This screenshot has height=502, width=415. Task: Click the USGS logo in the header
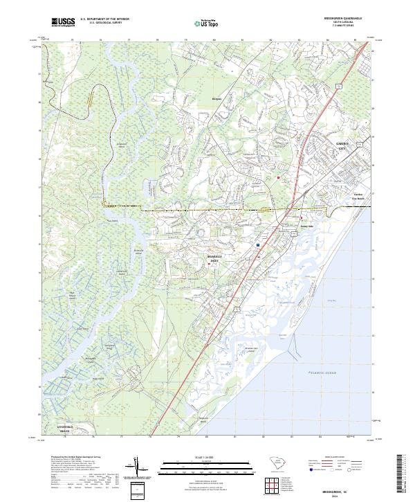pyautogui.click(x=64, y=22)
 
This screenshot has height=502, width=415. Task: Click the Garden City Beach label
pyautogui.click(x=358, y=197)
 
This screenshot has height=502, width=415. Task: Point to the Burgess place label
pyautogui.click(x=216, y=99)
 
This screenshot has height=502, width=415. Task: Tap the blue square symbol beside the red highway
pyautogui.click(x=258, y=244)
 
